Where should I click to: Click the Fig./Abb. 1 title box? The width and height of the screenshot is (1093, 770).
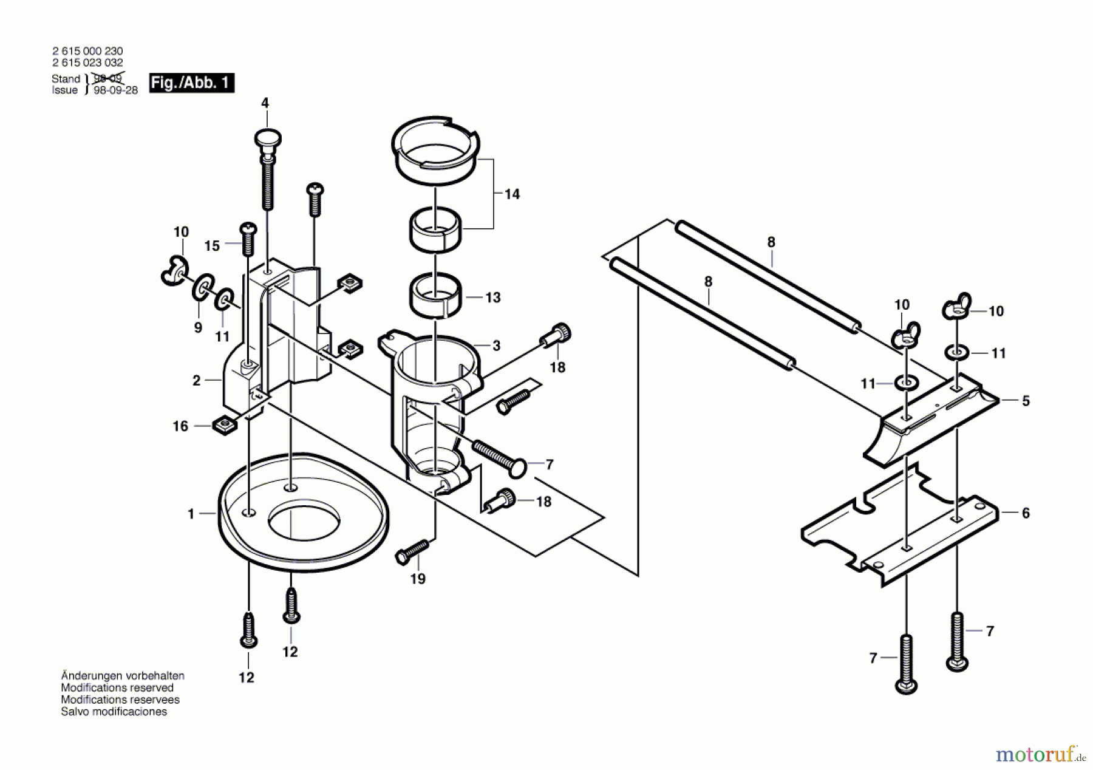(x=192, y=83)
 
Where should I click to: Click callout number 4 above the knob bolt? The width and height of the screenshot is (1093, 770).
(x=265, y=103)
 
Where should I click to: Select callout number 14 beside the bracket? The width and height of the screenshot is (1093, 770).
(x=512, y=194)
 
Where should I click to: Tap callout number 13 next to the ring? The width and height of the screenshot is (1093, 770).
(x=493, y=298)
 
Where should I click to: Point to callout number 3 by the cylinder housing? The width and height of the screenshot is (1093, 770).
(x=496, y=346)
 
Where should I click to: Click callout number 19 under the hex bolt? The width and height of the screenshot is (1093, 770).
(x=418, y=579)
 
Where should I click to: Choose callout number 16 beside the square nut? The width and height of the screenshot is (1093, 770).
(x=180, y=426)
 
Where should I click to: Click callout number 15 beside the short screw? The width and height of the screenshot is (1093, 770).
(x=212, y=246)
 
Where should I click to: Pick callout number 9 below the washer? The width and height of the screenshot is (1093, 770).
(x=198, y=328)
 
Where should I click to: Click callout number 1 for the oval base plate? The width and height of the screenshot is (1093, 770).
(x=191, y=514)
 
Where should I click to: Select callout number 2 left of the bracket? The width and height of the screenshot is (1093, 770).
(x=196, y=381)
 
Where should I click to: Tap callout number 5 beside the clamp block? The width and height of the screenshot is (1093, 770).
(x=1026, y=401)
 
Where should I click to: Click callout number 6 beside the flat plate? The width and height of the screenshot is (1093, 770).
(x=1026, y=513)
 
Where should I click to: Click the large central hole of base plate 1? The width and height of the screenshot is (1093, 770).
(x=304, y=520)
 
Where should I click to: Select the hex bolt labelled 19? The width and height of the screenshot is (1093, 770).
(x=412, y=552)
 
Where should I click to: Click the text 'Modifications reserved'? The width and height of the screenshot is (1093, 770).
(x=117, y=687)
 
